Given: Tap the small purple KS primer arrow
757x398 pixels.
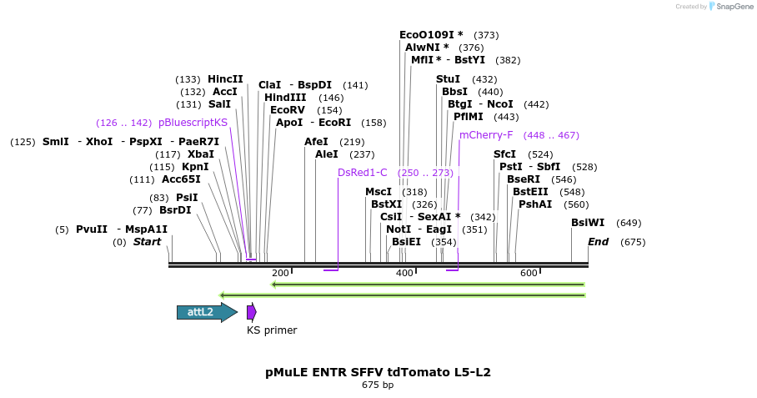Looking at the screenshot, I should click(x=251, y=312).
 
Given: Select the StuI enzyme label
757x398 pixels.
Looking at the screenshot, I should click(x=448, y=78).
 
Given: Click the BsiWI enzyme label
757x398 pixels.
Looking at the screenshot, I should click(x=588, y=223).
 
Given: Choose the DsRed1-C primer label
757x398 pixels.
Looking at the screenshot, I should click(x=363, y=173).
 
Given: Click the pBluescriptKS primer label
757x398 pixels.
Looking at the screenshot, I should click(x=193, y=123).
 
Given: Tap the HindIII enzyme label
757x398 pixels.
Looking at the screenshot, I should click(x=285, y=98).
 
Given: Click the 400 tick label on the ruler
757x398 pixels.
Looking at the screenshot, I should click(x=404, y=273).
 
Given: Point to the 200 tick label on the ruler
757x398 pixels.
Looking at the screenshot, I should click(x=280, y=273).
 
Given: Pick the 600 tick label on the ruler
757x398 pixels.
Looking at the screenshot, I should click(x=529, y=273).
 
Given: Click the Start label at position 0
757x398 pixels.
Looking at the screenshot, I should click(x=148, y=242).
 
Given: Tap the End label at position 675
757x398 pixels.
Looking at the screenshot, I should click(x=598, y=242).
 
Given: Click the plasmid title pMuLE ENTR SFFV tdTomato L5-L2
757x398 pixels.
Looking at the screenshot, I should click(x=378, y=372).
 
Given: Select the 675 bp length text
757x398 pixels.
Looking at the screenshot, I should click(x=378, y=385).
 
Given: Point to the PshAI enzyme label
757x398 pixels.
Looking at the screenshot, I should click(x=535, y=204).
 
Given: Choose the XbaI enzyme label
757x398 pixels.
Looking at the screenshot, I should click(x=200, y=154).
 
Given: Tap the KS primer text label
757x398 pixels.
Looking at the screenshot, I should click(x=272, y=330).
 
